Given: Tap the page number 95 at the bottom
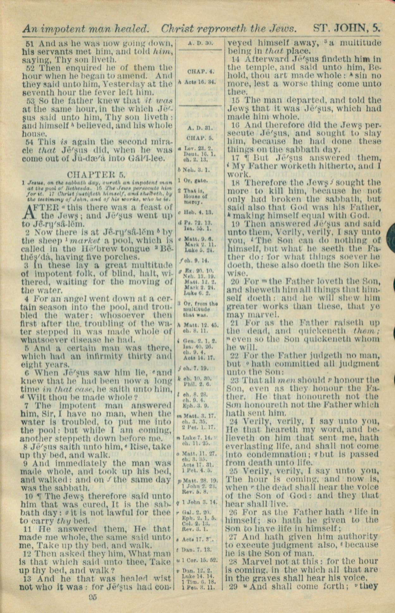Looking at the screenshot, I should click(93, 597).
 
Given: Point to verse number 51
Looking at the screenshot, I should click(29, 43).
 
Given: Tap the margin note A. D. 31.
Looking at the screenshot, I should click(200, 128).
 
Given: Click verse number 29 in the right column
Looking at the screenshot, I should click(233, 586).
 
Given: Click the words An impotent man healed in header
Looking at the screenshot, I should click(86, 29).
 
